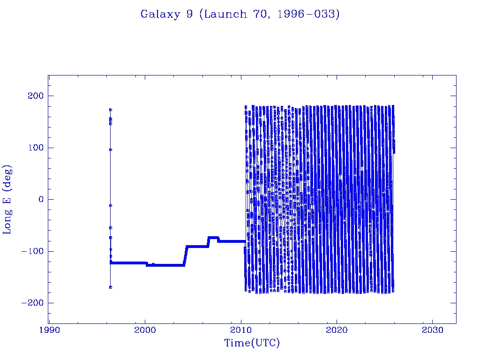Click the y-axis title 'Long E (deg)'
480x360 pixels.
coord(7,199)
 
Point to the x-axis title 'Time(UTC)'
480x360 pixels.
coord(252,343)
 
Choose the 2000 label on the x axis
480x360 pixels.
coord(145,330)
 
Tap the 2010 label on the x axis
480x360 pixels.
coord(241,330)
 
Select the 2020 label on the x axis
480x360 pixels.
coord(337,330)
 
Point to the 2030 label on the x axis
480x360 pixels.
coord(432,330)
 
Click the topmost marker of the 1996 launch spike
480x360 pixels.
coord(111,110)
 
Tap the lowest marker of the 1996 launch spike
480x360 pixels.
coord(111,287)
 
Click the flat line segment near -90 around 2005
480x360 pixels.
coord(197,246)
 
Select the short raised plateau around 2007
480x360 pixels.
coord(213,238)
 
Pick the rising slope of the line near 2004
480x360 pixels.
coord(186,255)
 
